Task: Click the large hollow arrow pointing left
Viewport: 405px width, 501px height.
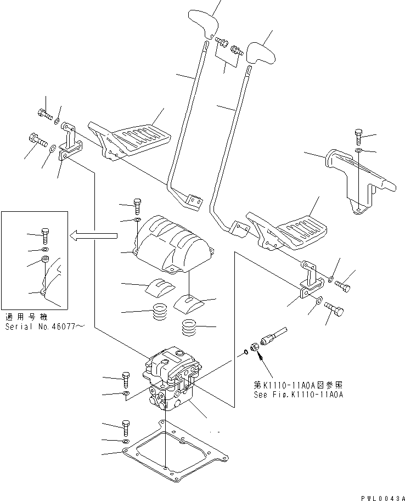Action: pos(93,235)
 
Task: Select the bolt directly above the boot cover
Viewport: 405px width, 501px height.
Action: pos(137,207)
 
